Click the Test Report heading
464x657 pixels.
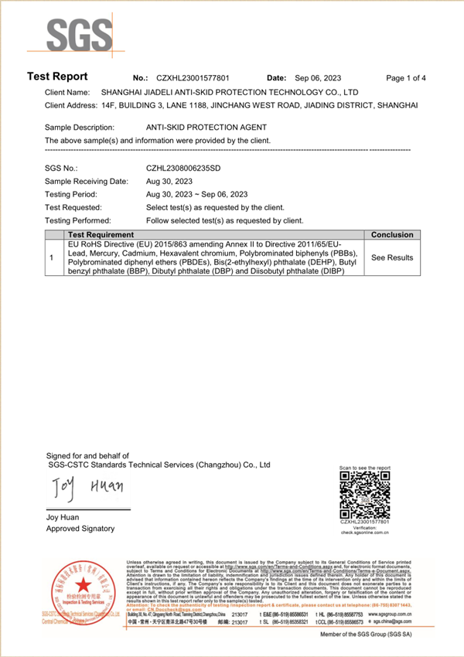coord(57,77)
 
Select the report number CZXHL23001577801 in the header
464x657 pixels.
coord(193,78)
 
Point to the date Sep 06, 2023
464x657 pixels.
coord(318,78)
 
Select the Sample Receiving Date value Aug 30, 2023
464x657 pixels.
coord(170,181)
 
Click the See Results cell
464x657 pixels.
coord(392,257)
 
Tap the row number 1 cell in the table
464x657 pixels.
coord(51,257)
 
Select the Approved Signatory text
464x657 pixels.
coord(80,529)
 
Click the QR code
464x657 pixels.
coord(365,495)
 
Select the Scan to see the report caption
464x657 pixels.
coord(364,468)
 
